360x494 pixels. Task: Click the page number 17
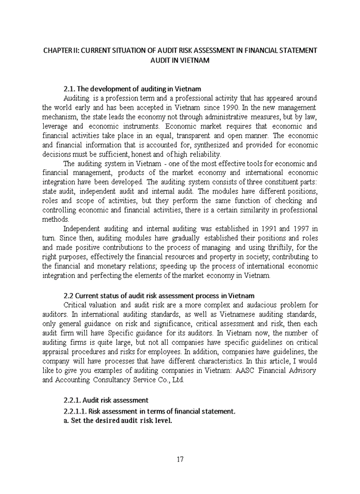tap(179, 459)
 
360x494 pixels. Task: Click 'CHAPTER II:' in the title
tap(61, 50)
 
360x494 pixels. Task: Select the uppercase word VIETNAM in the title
tap(194, 60)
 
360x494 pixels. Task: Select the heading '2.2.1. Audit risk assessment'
tap(105, 400)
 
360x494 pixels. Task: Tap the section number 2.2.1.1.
tap(75, 411)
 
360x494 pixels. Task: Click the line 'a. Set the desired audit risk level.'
tap(117, 420)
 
